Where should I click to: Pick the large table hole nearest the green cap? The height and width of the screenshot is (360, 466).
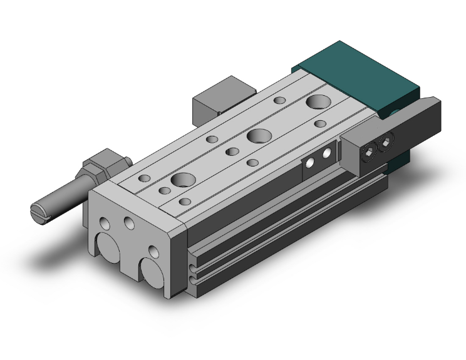pos(319,101)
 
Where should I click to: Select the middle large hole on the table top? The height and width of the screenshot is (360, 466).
pos(257,135)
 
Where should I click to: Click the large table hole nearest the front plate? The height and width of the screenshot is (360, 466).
pos(183,180)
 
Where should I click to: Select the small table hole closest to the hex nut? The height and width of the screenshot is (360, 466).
pos(145,178)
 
